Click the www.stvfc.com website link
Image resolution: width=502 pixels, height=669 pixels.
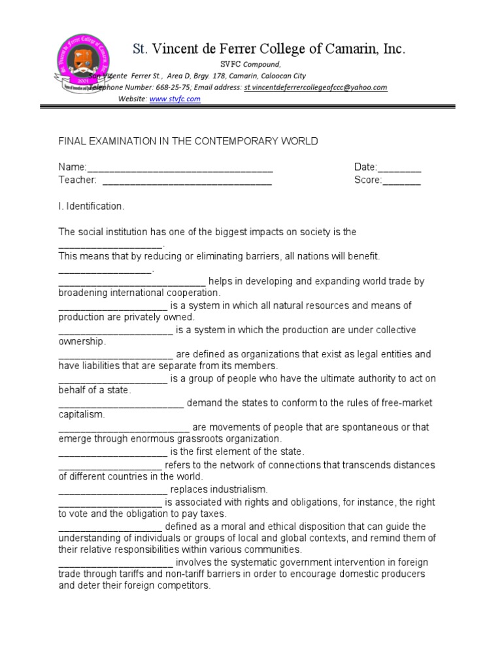click(x=175, y=99)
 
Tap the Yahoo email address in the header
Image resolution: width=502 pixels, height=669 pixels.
click(x=316, y=88)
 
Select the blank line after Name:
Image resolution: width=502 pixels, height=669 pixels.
click(x=180, y=168)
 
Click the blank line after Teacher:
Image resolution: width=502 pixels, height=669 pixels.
click(x=187, y=180)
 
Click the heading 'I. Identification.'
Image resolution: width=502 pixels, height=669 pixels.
click(x=91, y=206)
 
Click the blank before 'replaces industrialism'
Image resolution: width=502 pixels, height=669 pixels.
click(x=112, y=490)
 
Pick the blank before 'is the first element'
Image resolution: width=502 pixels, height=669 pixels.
click(x=112, y=452)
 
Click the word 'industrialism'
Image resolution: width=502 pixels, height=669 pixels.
click(x=239, y=490)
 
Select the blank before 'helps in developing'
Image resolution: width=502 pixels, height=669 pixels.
click(x=132, y=282)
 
